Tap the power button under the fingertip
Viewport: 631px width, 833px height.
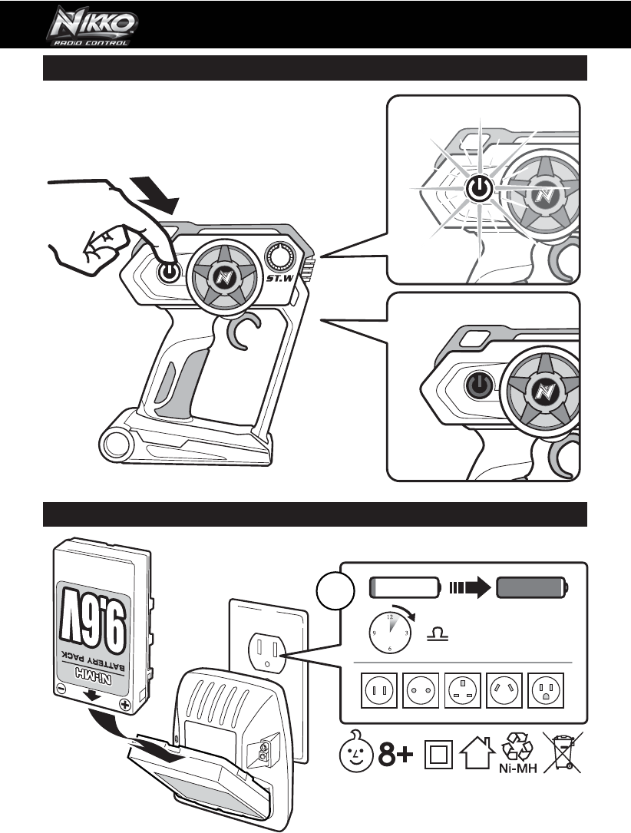pos(168,272)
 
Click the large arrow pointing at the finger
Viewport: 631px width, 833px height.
pos(155,194)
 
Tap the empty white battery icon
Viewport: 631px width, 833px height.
pos(404,589)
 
